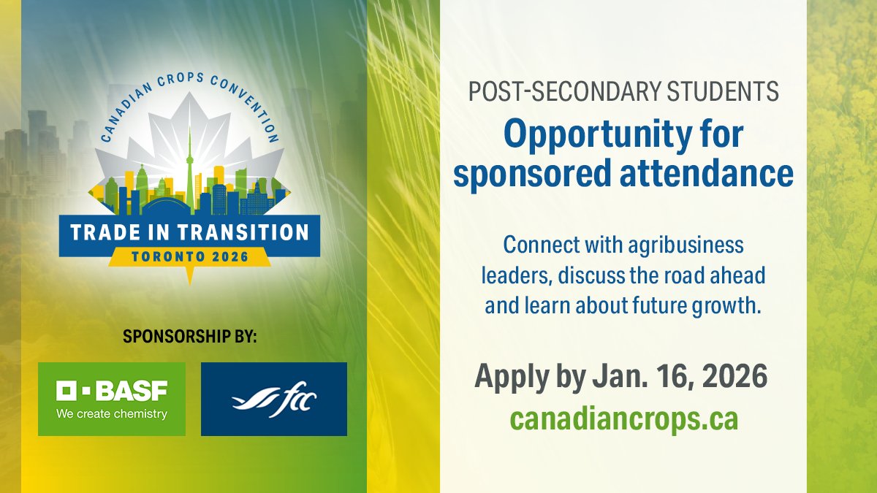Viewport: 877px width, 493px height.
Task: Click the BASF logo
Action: [x=112, y=399]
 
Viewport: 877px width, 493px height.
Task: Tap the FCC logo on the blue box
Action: [x=273, y=400]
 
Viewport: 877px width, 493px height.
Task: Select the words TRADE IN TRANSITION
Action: [x=189, y=233]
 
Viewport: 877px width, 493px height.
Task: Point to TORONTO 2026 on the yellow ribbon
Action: [x=189, y=256]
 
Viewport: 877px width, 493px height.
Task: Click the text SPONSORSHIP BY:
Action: [x=190, y=337]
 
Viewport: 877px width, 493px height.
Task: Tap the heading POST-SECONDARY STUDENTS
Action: [x=623, y=92]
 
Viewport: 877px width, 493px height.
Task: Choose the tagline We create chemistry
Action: [x=112, y=414]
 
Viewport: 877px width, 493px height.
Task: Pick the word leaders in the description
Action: [x=507, y=275]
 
